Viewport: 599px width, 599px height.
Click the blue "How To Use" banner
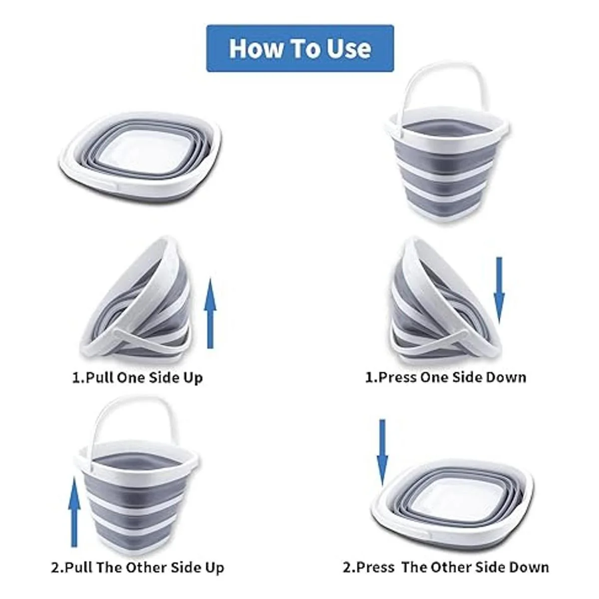pos(300,48)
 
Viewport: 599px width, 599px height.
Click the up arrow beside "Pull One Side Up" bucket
pos(210,313)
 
